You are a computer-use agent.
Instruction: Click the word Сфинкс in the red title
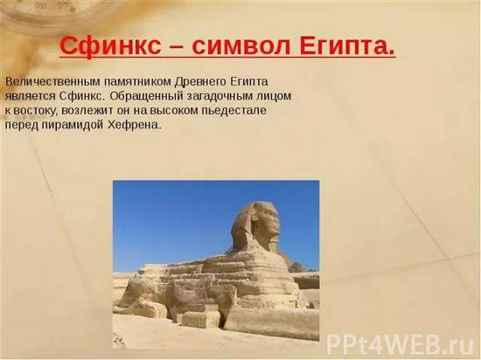tap(110, 45)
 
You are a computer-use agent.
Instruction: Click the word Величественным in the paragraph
tap(52, 82)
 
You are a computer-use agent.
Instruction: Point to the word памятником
tap(137, 82)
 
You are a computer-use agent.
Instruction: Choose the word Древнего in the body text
tap(200, 82)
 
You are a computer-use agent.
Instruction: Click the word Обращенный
tap(148, 96)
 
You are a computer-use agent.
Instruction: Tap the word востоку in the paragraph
tap(36, 110)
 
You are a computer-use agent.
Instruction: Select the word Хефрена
tap(135, 125)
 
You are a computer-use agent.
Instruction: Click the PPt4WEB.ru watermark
tap(401, 345)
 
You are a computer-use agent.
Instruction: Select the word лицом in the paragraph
tap(276, 96)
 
